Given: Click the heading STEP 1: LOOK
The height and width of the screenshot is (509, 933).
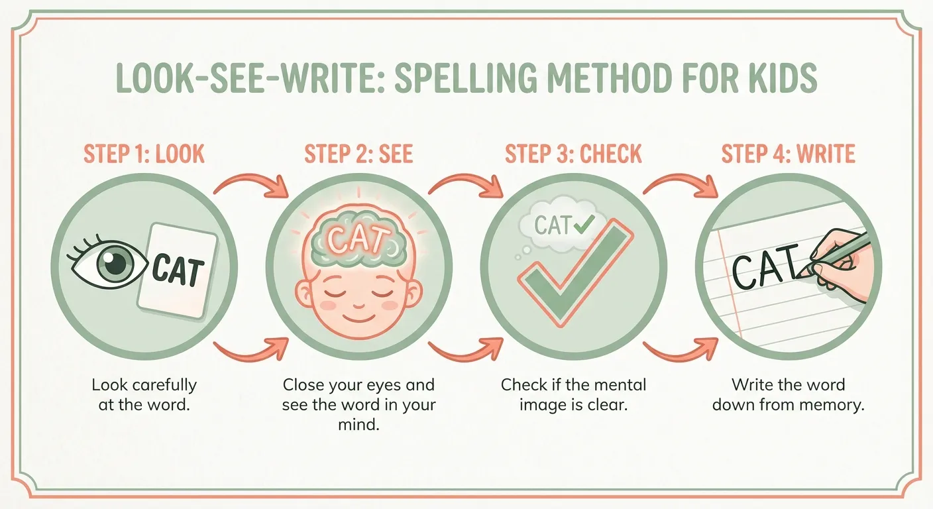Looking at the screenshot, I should pyautogui.click(x=144, y=154).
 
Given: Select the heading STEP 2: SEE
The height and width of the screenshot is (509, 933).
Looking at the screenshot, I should pyautogui.click(x=358, y=154).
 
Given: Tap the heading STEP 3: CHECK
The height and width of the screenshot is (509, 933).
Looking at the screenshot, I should pyautogui.click(x=573, y=154).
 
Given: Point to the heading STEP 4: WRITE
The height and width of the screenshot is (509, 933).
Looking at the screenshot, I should pyautogui.click(x=788, y=154).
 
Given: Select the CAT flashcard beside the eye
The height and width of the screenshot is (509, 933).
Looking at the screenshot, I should pyautogui.click(x=178, y=268).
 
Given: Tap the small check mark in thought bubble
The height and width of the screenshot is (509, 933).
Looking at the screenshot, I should pyautogui.click(x=584, y=226).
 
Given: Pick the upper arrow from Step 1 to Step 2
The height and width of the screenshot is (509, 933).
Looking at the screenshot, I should pyautogui.click(x=252, y=182).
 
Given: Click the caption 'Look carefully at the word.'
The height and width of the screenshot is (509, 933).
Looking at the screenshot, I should pyautogui.click(x=144, y=394).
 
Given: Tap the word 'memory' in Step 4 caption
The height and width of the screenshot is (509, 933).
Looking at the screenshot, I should pyautogui.click(x=838, y=405).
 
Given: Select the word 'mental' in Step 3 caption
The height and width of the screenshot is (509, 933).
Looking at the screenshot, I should pyautogui.click(x=617, y=385).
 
